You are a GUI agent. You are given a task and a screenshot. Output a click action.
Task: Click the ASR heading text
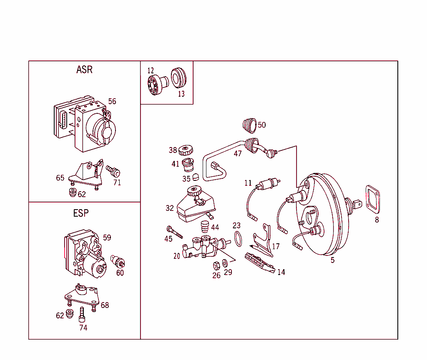point(84,70)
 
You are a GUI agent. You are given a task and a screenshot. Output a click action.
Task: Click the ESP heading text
point(81,213)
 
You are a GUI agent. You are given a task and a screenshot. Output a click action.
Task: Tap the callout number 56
point(112,101)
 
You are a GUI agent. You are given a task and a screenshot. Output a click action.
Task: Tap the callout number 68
point(105,305)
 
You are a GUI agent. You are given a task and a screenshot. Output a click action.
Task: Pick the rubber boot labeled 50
point(249,125)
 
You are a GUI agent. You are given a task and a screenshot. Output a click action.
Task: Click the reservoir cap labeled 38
point(185,149)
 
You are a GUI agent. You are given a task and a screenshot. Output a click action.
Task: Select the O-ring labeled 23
point(238,239)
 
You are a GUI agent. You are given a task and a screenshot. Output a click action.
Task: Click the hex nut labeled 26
point(216,265)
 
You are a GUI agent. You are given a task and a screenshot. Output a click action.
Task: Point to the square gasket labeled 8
point(372,199)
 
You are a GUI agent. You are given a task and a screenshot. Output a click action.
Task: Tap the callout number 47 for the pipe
point(238,154)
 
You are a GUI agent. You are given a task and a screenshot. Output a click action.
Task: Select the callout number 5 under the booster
point(332,260)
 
